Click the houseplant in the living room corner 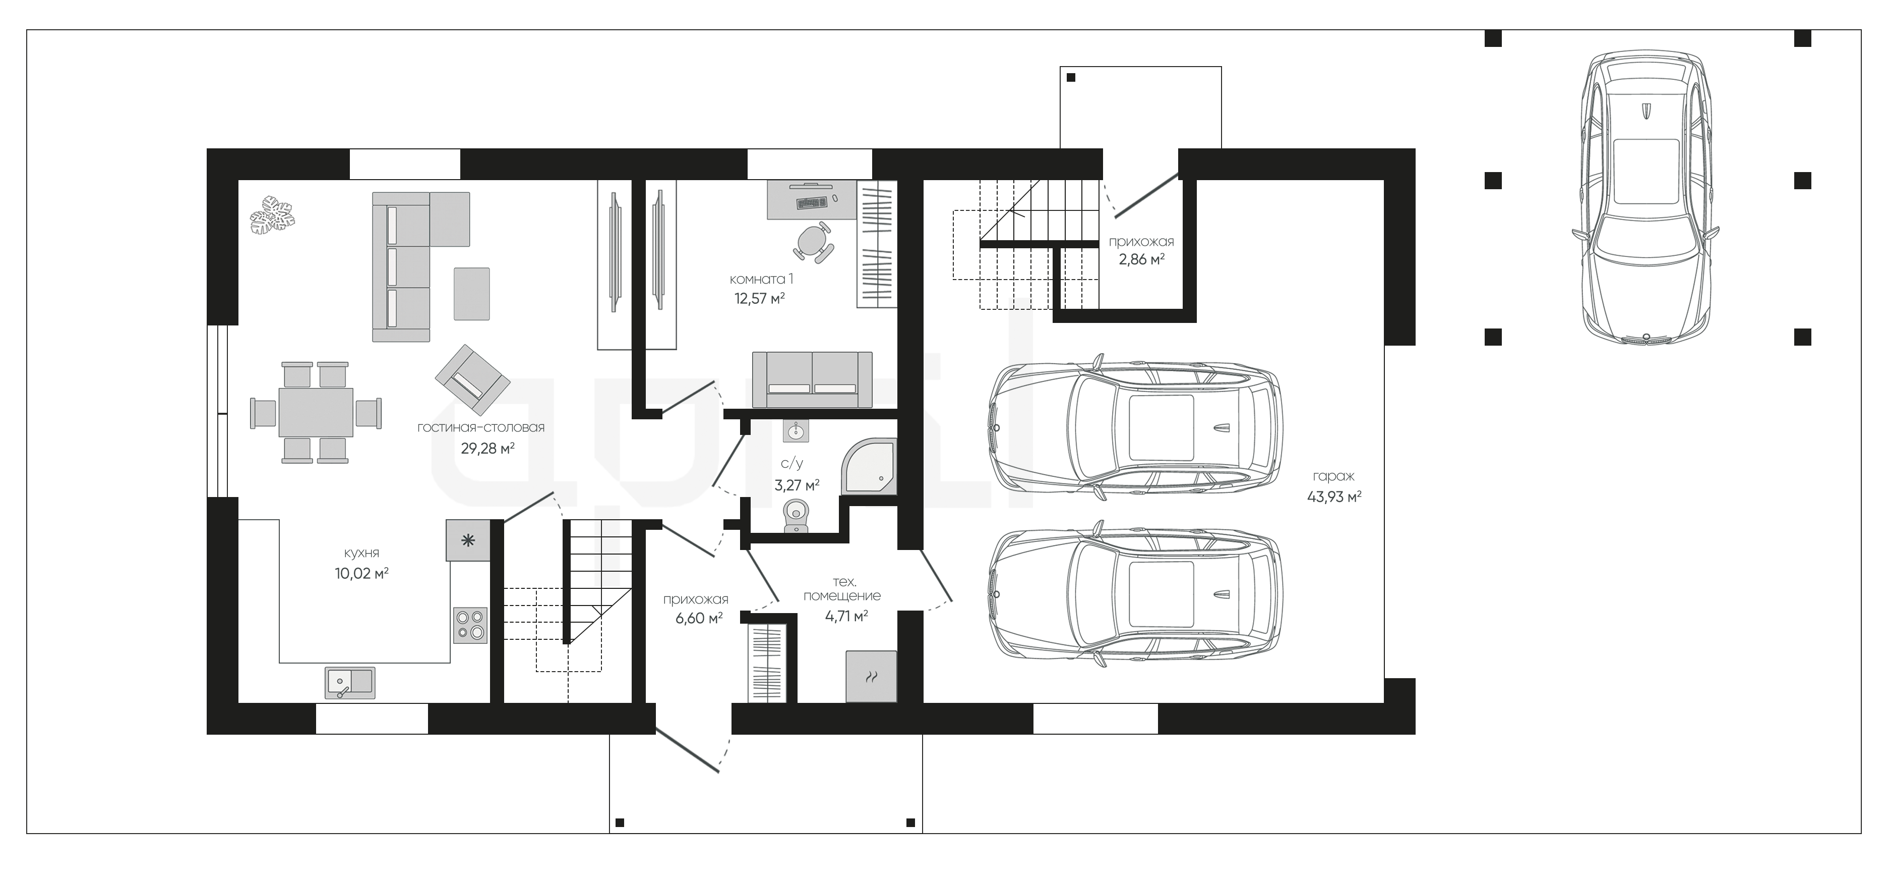273,214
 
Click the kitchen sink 350,682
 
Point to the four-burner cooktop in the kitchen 470,625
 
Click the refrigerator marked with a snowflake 467,541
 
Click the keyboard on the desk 811,201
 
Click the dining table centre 315,412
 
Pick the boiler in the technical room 871,676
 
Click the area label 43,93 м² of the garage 1334,497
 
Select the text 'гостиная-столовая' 481,427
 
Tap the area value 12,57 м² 760,298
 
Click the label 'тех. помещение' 842,588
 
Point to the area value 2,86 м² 1142,259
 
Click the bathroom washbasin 796,431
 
